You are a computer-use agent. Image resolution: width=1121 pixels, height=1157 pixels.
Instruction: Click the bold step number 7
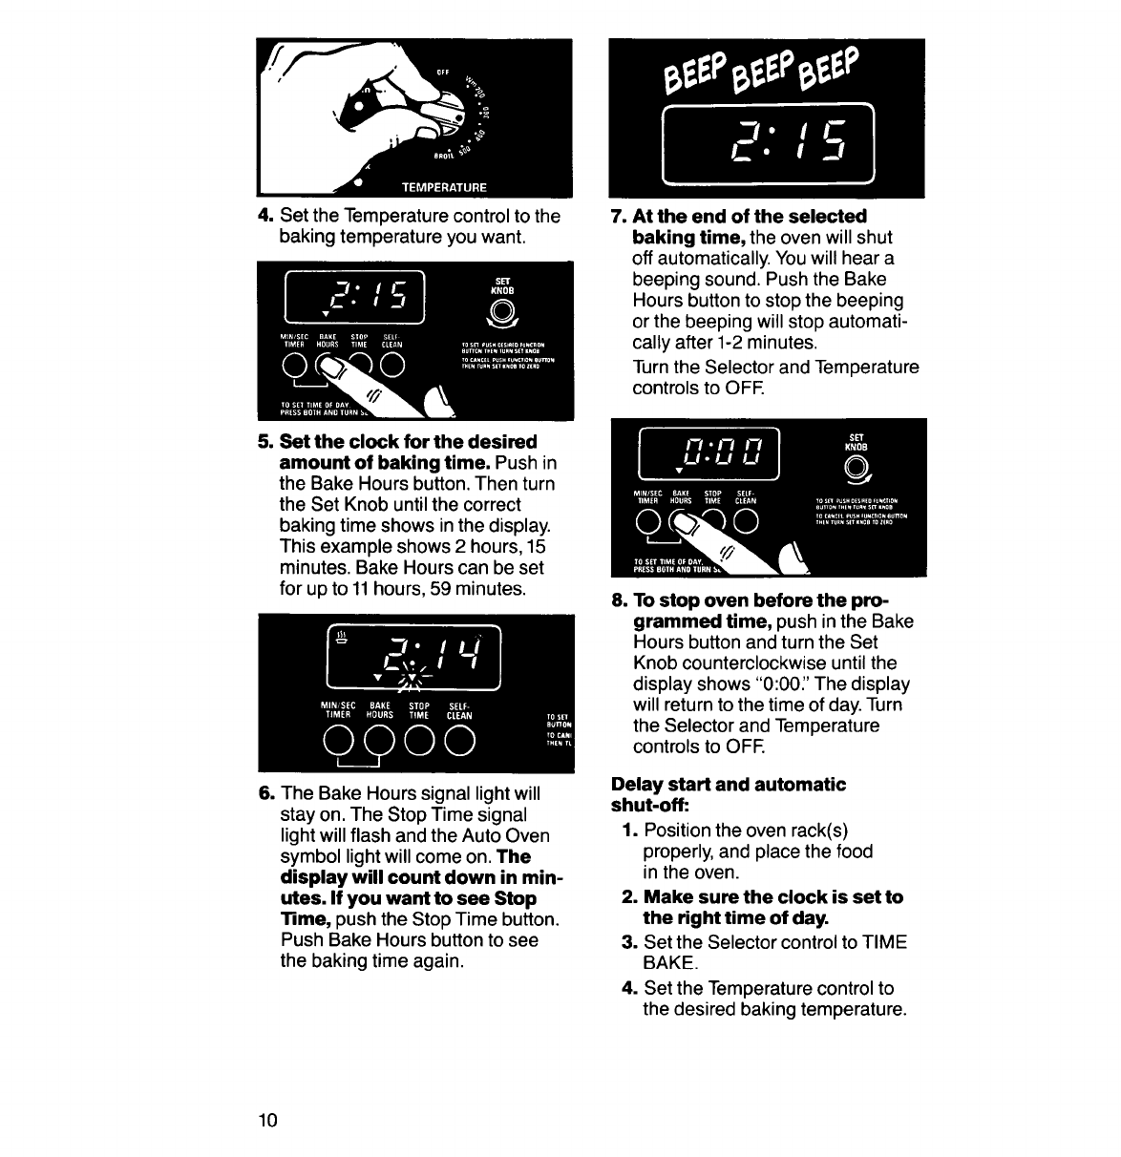617,217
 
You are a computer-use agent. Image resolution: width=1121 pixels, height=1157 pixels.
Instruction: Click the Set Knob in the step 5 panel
503,310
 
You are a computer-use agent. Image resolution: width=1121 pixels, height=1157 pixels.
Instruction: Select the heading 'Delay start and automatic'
729,785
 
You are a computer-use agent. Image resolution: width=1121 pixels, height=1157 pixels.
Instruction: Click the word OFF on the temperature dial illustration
442,72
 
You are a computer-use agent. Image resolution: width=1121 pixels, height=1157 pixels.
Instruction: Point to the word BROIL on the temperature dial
437,158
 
